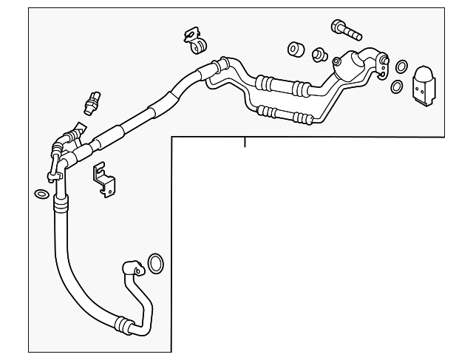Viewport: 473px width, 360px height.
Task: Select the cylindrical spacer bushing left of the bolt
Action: (295, 50)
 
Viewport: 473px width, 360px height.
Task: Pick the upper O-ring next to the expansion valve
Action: (400, 67)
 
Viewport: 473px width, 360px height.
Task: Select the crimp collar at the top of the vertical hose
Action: (61, 200)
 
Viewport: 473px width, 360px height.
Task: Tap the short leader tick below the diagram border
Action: (245, 141)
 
